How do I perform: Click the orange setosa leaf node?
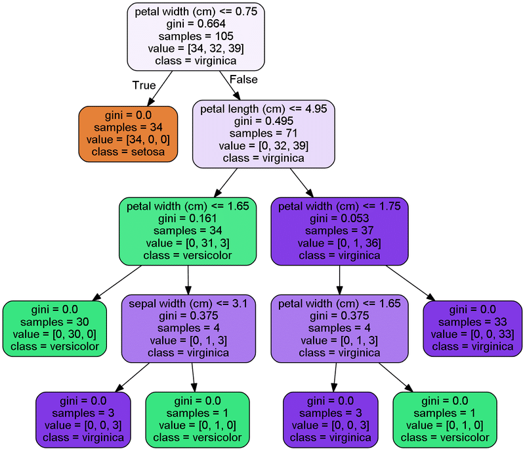click(x=128, y=133)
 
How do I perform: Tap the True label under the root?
click(x=144, y=85)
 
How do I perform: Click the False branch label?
click(x=243, y=80)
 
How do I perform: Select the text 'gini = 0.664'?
click(x=196, y=24)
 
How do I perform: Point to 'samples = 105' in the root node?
click(x=196, y=36)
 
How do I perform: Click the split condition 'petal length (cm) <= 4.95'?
click(x=263, y=109)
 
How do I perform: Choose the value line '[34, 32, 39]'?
click(x=196, y=49)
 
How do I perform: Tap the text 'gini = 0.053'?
click(x=339, y=218)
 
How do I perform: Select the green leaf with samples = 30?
click(x=54, y=328)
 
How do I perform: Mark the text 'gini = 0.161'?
click(x=188, y=218)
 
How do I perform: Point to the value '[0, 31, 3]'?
click(x=188, y=243)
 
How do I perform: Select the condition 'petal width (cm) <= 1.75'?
click(x=339, y=206)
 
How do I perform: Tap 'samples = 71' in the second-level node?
click(x=263, y=133)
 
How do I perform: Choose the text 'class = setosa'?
click(x=128, y=152)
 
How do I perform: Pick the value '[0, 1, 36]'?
click(x=339, y=243)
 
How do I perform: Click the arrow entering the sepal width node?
click(x=188, y=279)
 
